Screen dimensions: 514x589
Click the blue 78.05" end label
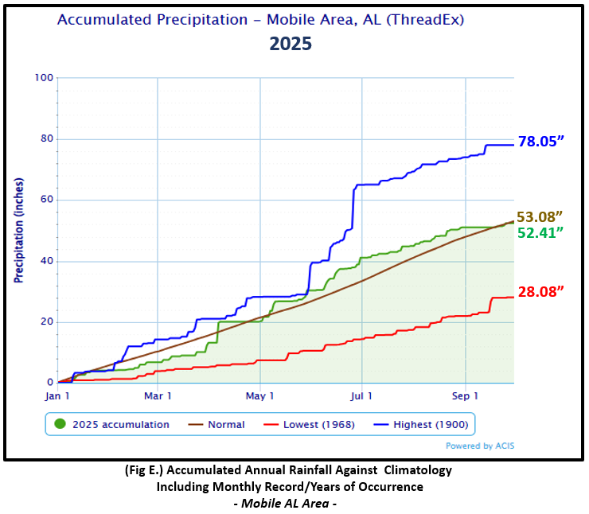pos(541,142)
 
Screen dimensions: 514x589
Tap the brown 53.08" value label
pos(540,216)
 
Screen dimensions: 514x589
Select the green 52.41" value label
pos(540,232)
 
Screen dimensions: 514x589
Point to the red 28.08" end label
pos(540,291)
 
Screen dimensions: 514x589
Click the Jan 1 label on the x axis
pos(57,395)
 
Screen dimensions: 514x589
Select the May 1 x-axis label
pos(260,395)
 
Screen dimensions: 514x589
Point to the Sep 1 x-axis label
pos(465,395)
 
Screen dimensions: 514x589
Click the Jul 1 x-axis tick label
pos(362,395)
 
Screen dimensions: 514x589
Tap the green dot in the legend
pos(60,424)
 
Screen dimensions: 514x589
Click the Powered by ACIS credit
pos(479,446)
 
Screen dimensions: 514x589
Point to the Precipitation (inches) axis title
pos(18,230)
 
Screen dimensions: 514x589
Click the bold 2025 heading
pos(290,44)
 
